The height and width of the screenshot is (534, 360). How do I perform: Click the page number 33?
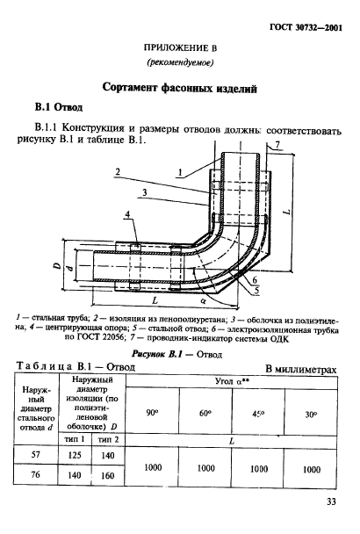point(330,503)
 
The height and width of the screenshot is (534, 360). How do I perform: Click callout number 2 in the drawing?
point(116,173)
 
